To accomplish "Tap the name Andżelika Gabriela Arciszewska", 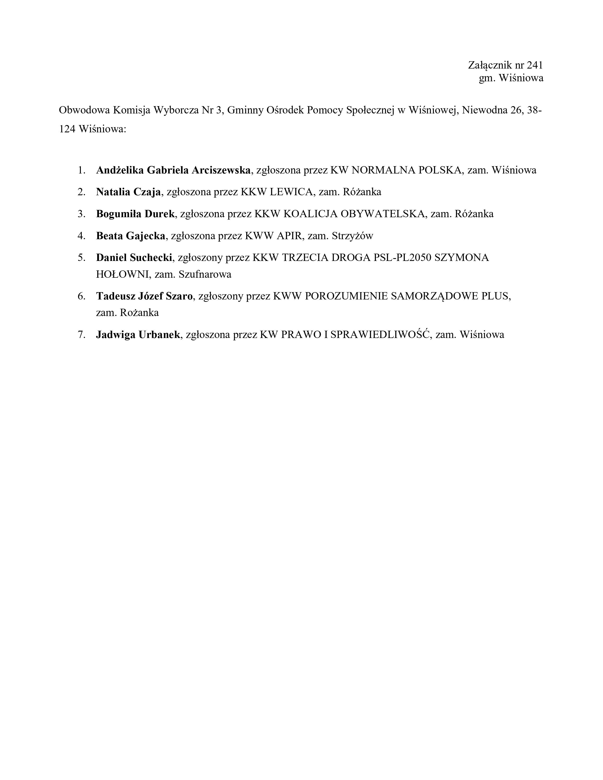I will [173, 170].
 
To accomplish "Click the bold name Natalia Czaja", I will [128, 192].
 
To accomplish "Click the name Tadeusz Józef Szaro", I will [144, 296].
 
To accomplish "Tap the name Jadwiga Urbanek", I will [138, 335].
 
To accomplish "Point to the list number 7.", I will [81, 335].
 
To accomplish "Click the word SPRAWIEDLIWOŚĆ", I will [379, 335].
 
